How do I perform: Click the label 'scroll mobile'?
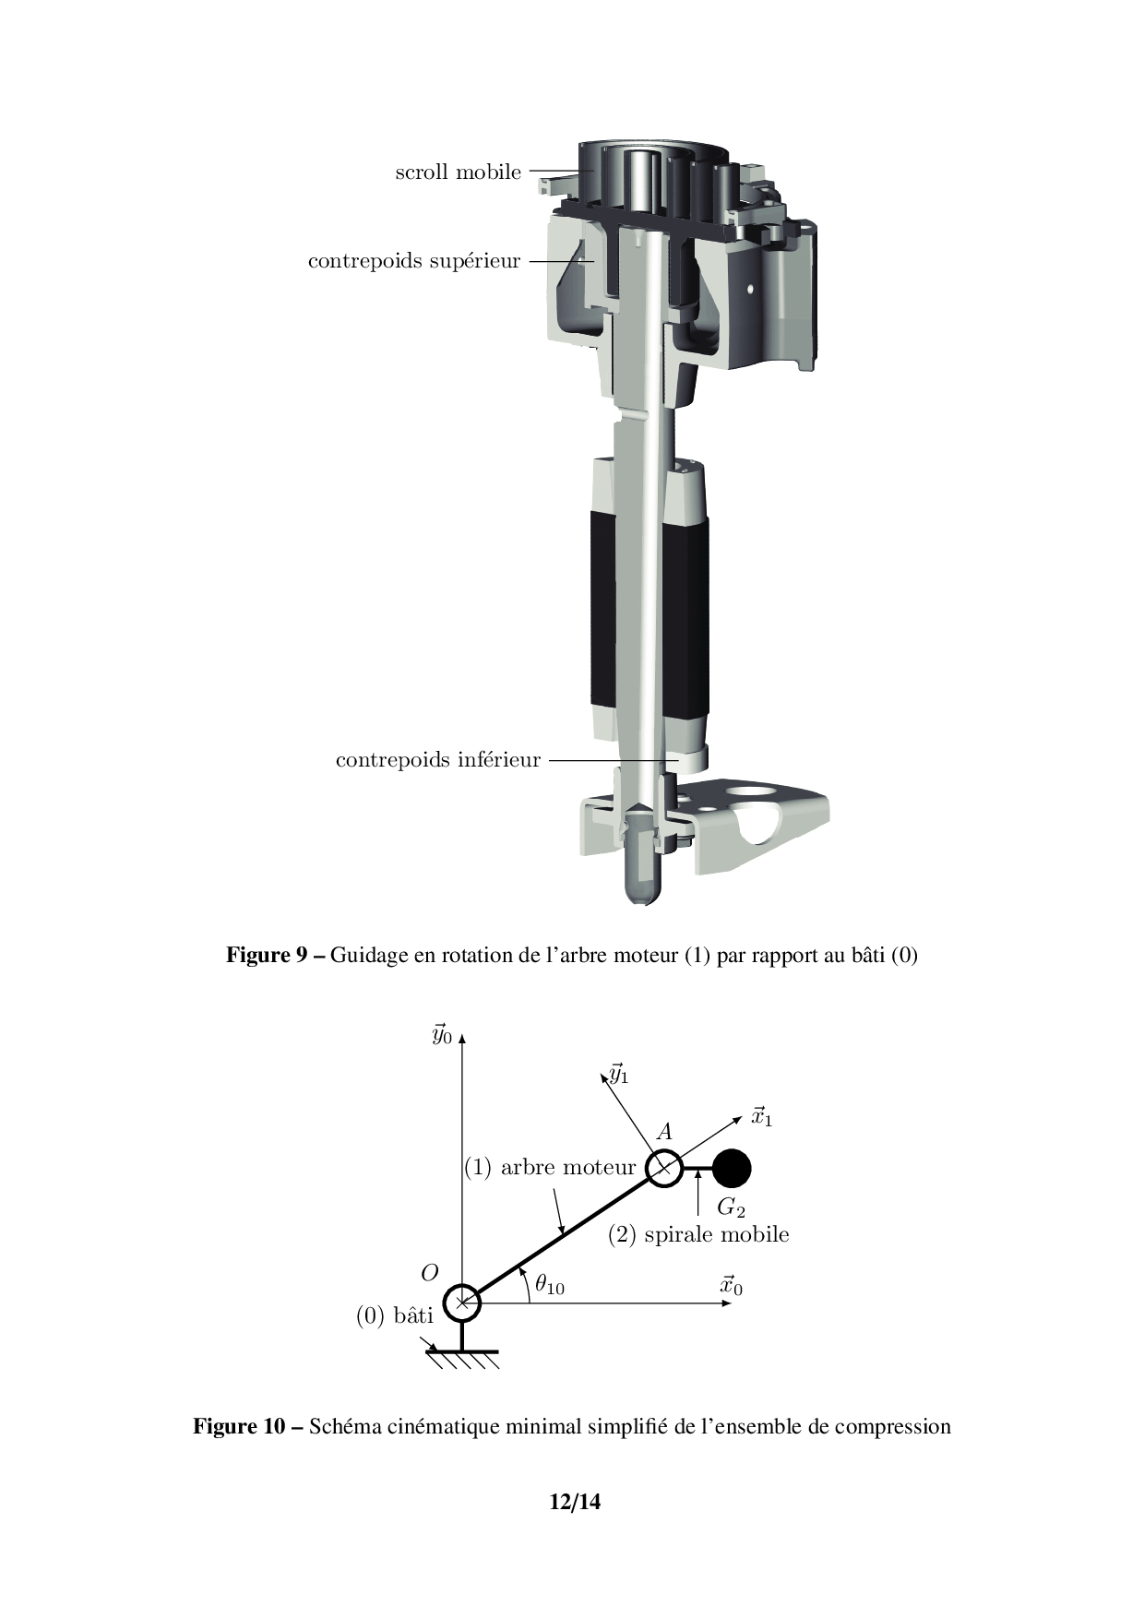coord(458,172)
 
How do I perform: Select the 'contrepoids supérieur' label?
coord(414,261)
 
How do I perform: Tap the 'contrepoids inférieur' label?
coord(438,760)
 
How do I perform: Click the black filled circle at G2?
coord(733,1168)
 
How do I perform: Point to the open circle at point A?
coord(663,1168)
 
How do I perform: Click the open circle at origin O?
coord(462,1303)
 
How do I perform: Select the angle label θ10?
coord(550,1283)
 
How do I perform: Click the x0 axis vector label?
coord(731,1285)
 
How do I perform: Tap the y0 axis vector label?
coord(442,1034)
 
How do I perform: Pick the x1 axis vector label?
coord(761,1116)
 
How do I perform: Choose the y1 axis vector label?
coord(619,1074)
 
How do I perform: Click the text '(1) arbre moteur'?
coord(550,1167)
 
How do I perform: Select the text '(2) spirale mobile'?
coord(698,1234)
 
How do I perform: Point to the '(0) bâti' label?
coord(395,1315)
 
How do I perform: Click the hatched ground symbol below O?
coord(462,1359)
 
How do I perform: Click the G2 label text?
coord(731,1207)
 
